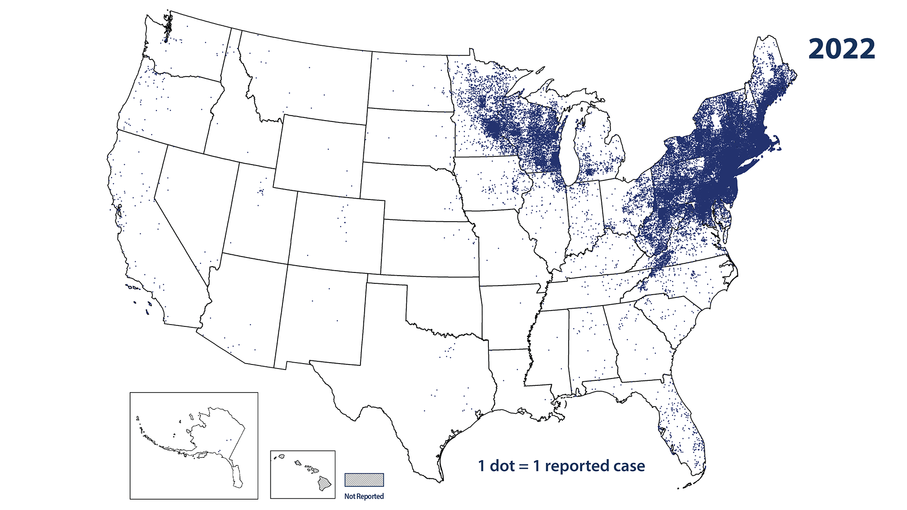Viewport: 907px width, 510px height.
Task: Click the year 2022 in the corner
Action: tap(841, 49)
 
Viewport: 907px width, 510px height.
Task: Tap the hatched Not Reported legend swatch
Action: tap(364, 480)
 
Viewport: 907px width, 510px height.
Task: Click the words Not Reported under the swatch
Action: tap(364, 496)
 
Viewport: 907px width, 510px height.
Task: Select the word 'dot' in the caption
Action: tap(502, 466)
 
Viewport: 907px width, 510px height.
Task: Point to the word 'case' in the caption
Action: tap(629, 466)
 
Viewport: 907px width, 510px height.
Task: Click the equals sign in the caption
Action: tap(524, 466)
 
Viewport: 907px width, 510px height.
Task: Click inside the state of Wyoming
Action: tap(320, 154)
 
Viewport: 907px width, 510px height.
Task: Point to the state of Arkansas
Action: tap(508, 317)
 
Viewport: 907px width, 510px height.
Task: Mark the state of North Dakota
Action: tap(410, 82)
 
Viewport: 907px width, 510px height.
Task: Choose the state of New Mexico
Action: tap(320, 317)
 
